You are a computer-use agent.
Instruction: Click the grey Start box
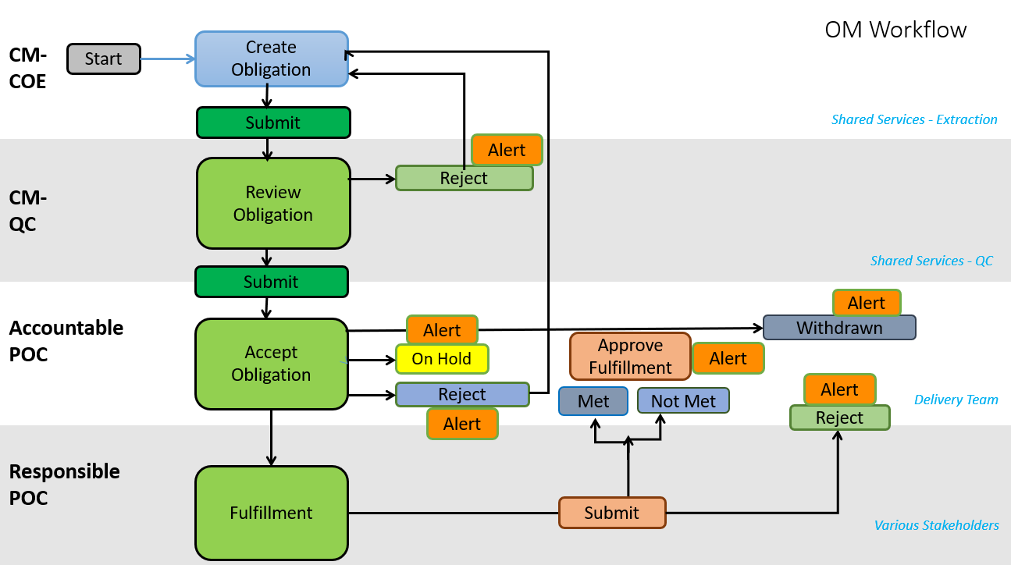104,59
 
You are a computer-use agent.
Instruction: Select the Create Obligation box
271,59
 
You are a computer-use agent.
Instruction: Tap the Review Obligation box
272,204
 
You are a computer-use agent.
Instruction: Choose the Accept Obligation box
271,364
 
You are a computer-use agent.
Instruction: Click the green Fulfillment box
271,513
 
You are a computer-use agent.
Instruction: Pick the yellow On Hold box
442,359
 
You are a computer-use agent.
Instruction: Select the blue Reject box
462,395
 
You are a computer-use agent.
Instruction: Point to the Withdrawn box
839,328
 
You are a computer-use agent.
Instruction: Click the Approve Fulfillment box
630,356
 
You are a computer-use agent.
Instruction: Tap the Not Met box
683,401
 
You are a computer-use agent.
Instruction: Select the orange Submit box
612,513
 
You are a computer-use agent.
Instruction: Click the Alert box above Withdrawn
867,303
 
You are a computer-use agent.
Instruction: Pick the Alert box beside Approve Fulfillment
728,358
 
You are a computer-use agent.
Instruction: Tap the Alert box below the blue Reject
462,424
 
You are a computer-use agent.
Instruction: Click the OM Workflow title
895,30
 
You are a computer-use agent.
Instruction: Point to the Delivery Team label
956,400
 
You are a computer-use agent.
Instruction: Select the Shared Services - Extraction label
914,119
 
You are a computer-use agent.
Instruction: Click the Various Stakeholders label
936,525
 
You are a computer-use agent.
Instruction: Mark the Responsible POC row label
64,485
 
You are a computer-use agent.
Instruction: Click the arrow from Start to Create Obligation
167,59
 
